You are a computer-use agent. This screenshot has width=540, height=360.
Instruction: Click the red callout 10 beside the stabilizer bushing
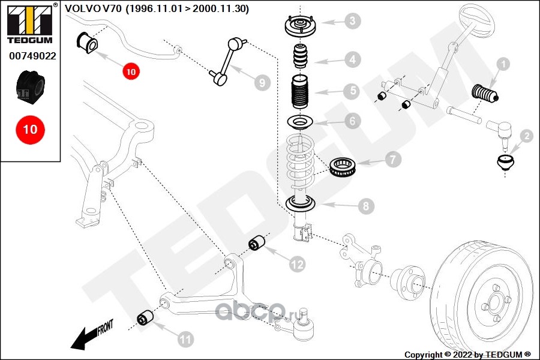[131, 71]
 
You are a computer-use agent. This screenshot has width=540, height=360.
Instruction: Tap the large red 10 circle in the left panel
[31, 130]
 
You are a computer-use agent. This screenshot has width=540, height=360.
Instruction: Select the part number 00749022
[32, 56]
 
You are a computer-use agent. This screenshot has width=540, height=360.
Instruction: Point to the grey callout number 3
[352, 20]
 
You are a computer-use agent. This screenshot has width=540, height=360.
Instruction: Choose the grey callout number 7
[392, 160]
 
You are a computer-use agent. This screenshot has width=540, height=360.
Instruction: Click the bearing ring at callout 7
[342, 166]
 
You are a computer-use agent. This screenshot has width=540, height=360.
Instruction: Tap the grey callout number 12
[297, 264]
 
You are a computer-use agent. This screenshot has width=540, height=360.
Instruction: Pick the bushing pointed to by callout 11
[145, 318]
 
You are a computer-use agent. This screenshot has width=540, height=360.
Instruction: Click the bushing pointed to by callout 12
[257, 243]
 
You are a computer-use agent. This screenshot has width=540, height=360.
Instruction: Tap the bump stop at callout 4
[301, 56]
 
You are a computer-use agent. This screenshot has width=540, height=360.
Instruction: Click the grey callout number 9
[262, 83]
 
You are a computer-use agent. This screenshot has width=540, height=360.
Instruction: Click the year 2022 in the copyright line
[462, 355]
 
